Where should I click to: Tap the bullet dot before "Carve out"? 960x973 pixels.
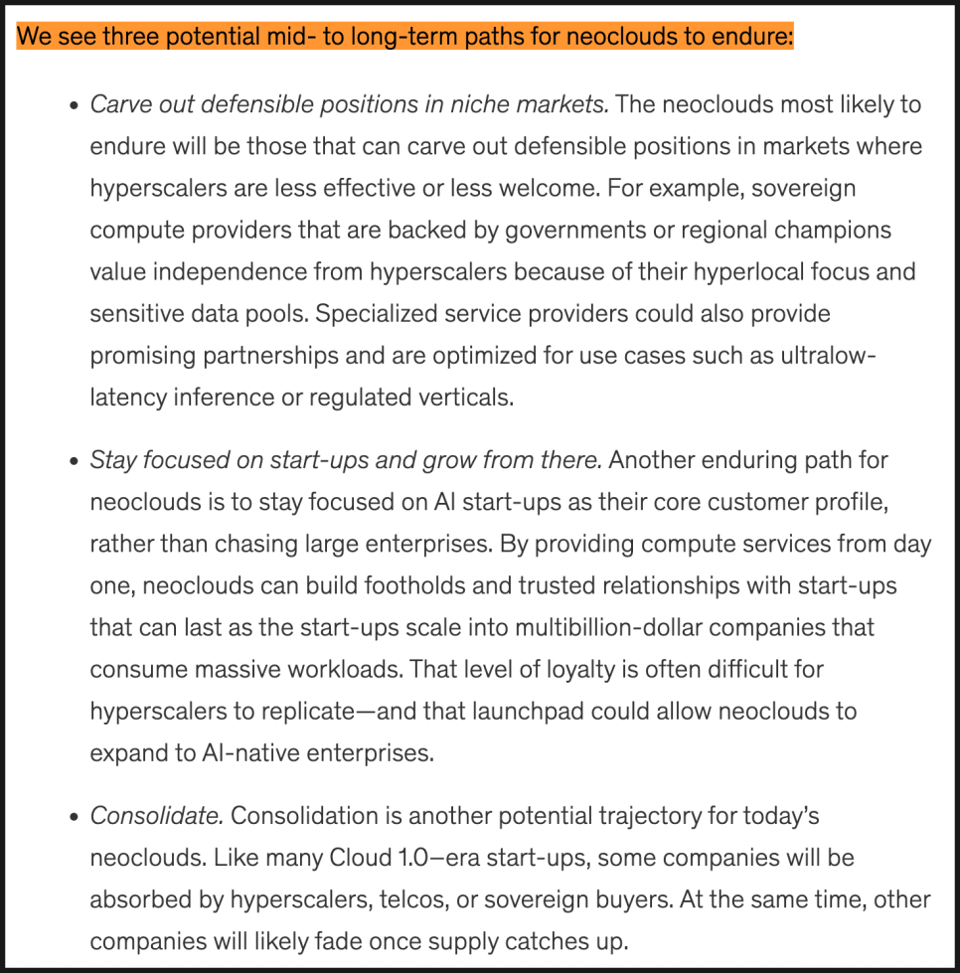click(x=74, y=105)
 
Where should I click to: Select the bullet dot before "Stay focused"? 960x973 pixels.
click(x=74, y=461)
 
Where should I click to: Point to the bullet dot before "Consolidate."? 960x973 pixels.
click(x=74, y=817)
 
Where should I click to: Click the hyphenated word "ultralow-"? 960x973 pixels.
click(x=827, y=355)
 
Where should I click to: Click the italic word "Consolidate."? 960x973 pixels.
click(x=156, y=816)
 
